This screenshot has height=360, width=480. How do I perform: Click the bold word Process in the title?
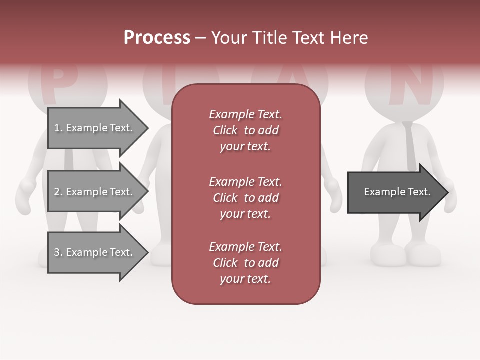click(x=157, y=38)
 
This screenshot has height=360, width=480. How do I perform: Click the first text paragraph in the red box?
click(x=245, y=130)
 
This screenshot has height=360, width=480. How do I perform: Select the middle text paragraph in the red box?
click(x=245, y=198)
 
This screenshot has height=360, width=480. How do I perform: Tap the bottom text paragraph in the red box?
click(x=245, y=263)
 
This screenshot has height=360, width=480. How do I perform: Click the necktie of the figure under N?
click(x=410, y=145)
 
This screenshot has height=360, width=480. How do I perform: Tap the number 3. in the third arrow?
click(x=58, y=252)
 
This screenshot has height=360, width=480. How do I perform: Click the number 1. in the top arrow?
click(x=58, y=128)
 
